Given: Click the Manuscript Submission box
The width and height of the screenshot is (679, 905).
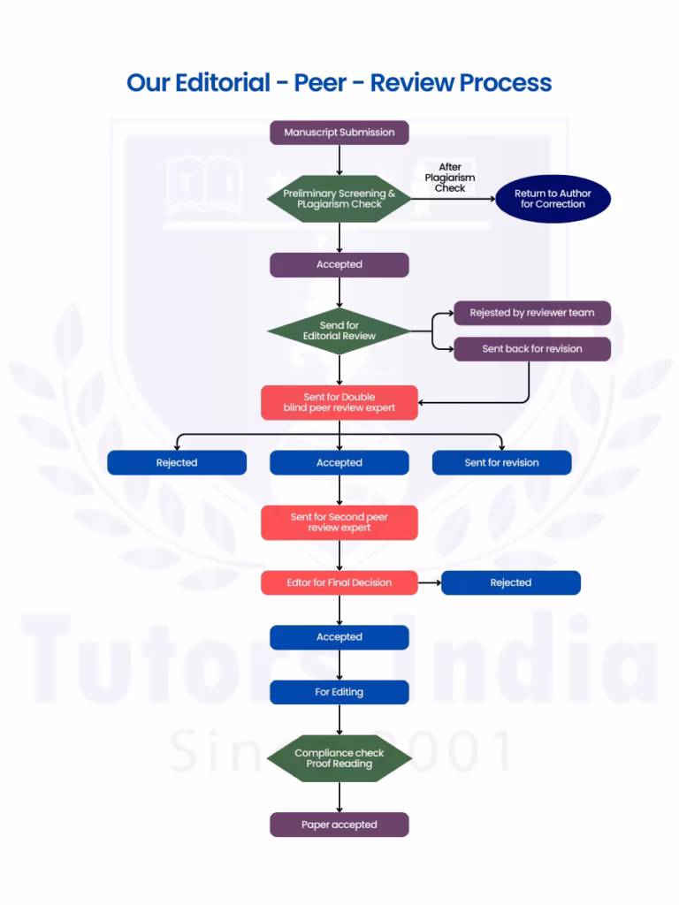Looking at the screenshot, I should pos(339,133).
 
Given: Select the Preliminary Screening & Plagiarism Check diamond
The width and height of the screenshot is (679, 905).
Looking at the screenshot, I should pos(339,199).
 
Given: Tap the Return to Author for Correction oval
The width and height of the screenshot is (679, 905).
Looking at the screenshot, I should pos(553,199).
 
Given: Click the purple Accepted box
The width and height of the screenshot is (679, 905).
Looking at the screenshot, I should pos(339,264).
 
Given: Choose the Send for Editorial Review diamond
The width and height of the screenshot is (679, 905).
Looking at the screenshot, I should pos(339,331).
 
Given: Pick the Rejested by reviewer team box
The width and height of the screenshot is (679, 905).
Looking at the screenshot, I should pos(531,313).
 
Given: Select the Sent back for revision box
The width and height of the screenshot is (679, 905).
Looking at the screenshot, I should pos(531,349).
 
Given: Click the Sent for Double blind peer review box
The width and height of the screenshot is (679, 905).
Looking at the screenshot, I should pos(339,402).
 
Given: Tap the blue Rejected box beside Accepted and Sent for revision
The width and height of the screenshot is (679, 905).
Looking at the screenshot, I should pos(177,462).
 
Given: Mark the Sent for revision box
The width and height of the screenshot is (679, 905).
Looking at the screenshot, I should pos(501,462).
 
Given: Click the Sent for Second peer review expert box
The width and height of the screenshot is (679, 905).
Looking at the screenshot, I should pos(339,522).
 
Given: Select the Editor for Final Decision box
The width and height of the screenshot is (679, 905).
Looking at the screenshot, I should pos(339,582).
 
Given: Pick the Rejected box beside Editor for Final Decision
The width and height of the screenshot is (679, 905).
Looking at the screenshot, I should pos(510,582).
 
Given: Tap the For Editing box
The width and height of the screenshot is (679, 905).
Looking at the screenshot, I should pos(339,692).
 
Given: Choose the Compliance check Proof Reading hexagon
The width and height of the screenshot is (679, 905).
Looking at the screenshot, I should pos(339,758).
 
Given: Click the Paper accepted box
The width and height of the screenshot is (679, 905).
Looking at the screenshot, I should pos(339,825).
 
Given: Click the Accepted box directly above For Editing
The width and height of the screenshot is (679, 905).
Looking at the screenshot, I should pos(339,637).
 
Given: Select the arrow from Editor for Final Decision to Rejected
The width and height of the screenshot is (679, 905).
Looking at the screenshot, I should pos(429,582).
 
